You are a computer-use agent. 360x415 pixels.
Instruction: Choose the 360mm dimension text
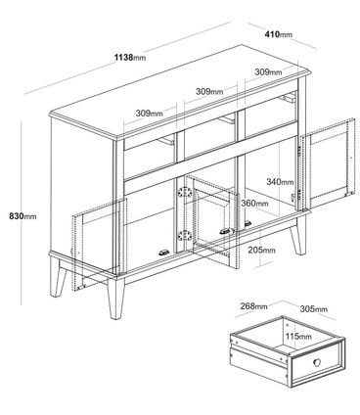254,204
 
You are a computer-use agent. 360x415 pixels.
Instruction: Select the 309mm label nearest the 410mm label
268,71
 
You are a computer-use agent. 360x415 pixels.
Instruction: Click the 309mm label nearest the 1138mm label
150,114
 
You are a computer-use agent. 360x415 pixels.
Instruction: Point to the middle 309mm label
209,91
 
